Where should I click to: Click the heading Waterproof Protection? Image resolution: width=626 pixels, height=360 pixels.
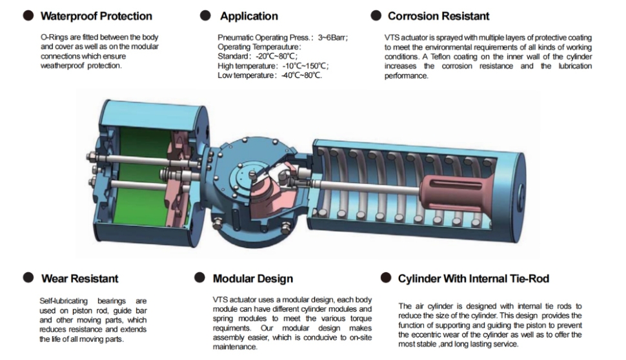click(x=96, y=16)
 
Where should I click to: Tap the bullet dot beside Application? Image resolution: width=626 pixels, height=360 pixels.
click(x=205, y=15)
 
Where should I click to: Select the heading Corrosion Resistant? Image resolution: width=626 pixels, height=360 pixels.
click(x=438, y=16)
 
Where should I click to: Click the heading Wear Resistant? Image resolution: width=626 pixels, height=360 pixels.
click(x=79, y=279)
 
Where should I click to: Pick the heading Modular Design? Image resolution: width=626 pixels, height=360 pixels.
click(x=252, y=279)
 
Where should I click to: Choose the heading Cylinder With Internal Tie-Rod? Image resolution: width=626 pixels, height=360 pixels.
click(x=473, y=279)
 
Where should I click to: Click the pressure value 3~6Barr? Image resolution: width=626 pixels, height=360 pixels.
click(x=332, y=37)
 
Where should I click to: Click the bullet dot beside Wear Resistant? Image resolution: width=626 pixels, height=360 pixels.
click(x=28, y=278)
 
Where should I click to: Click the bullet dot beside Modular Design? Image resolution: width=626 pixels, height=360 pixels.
click(x=200, y=278)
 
